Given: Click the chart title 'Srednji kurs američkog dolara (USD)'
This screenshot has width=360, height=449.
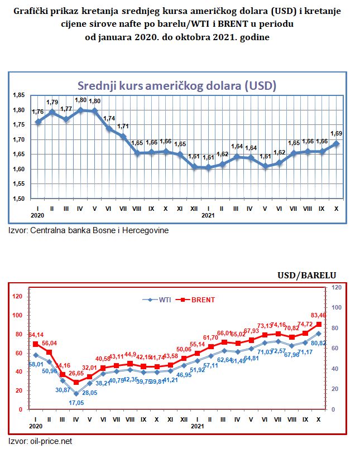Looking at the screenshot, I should tap(176, 86).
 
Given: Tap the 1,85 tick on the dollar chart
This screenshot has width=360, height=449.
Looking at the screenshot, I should tap(18, 95).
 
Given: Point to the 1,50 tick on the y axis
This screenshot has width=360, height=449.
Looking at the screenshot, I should tap(18, 199).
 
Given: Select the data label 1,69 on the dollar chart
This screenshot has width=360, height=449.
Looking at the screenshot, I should tap(337, 133).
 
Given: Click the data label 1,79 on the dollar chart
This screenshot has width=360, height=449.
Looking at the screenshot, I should tap(52, 102).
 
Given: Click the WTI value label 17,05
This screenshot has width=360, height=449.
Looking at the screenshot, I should tap(76, 402).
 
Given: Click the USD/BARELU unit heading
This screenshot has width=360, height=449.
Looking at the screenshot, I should tap(307, 274).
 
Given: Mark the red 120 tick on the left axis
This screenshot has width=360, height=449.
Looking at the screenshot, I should tap(17, 296).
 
